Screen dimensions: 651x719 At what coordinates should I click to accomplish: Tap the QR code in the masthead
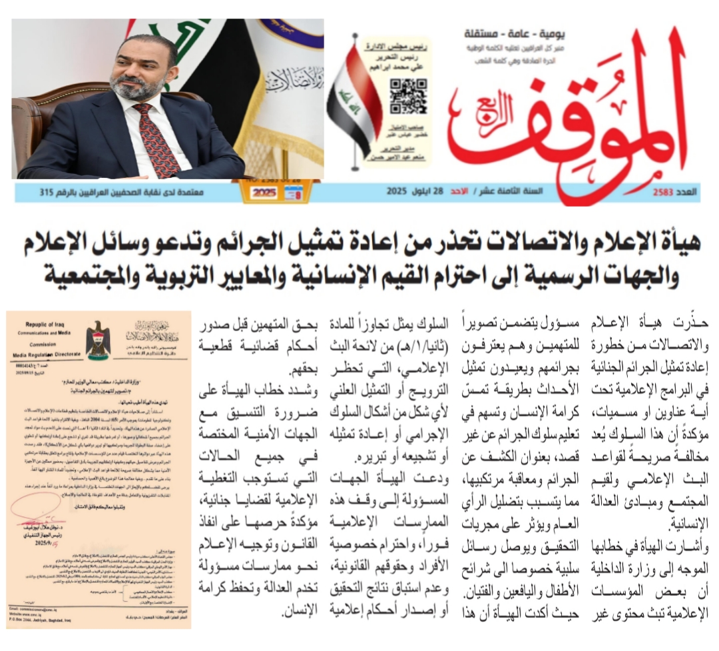click(407, 95)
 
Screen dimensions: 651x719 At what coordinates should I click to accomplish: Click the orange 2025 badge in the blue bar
click(264, 193)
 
